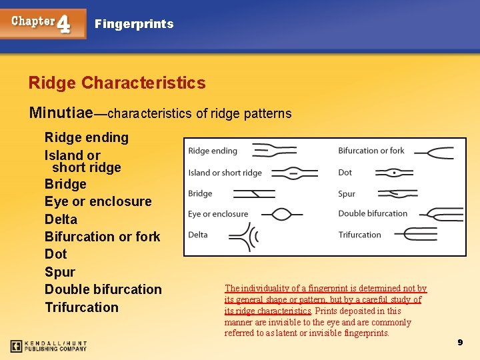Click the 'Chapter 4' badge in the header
click(43, 23)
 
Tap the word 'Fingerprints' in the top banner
click(134, 24)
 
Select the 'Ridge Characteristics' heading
click(117, 83)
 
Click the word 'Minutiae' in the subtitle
click(60, 113)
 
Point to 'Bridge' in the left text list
click(65, 184)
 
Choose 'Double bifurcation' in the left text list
click(103, 289)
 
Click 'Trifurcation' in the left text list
click(81, 307)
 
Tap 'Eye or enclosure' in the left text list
click(98, 201)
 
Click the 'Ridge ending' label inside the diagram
click(213, 151)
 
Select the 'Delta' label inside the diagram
click(198, 235)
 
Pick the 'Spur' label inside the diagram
click(347, 194)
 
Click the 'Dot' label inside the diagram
click(345, 172)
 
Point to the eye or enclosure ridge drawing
click(282, 215)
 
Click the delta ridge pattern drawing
click(243, 236)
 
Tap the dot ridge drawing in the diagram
click(394, 173)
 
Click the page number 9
click(459, 342)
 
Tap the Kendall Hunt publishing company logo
click(48, 346)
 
